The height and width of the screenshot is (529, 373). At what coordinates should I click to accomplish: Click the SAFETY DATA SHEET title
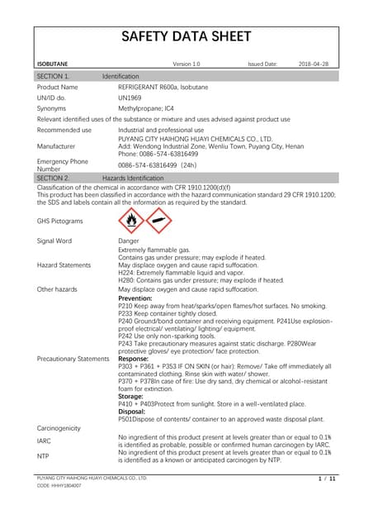[186, 36]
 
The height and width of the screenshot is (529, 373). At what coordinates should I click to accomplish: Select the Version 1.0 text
[186, 63]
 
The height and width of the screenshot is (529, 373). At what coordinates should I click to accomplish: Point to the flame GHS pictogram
[130, 221]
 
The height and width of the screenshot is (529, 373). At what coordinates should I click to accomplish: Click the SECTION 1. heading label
[54, 76]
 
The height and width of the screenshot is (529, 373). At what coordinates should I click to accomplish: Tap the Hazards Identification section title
[133, 178]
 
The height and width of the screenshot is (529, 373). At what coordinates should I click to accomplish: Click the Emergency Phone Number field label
[62, 164]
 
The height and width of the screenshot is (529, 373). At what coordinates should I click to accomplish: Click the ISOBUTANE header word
[53, 63]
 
